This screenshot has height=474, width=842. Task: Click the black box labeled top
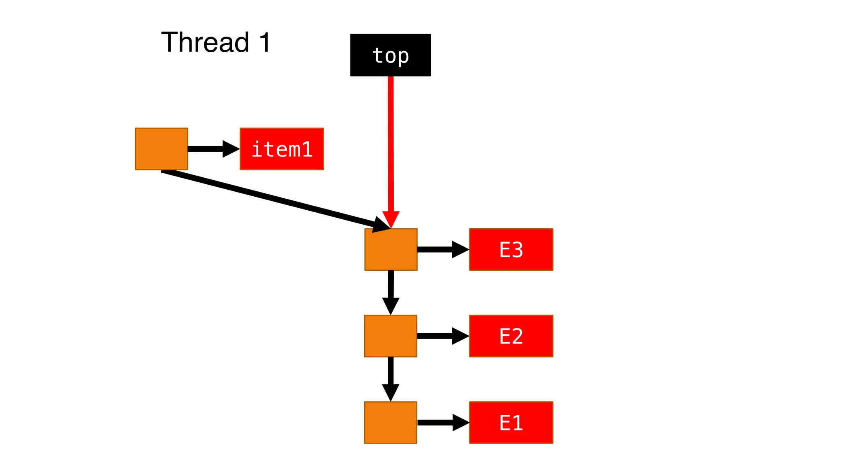pos(390,55)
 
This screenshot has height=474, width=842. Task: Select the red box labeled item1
pos(282,149)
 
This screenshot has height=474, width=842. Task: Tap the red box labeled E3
pos(511,249)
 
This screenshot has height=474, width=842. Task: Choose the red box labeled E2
pos(511,336)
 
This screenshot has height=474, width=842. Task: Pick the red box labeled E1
pos(511,423)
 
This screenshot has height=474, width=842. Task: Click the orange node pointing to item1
pos(162,149)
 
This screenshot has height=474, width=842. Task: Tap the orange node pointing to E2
pos(391,336)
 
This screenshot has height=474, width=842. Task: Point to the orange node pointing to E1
pos(391,423)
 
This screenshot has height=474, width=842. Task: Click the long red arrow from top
pos(391,144)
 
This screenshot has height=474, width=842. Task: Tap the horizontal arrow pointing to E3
pos(442,249)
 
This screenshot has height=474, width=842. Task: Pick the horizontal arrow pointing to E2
pos(442,336)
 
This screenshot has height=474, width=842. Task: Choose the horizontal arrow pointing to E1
pos(442,423)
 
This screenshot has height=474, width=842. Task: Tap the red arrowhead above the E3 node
pos(391,218)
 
